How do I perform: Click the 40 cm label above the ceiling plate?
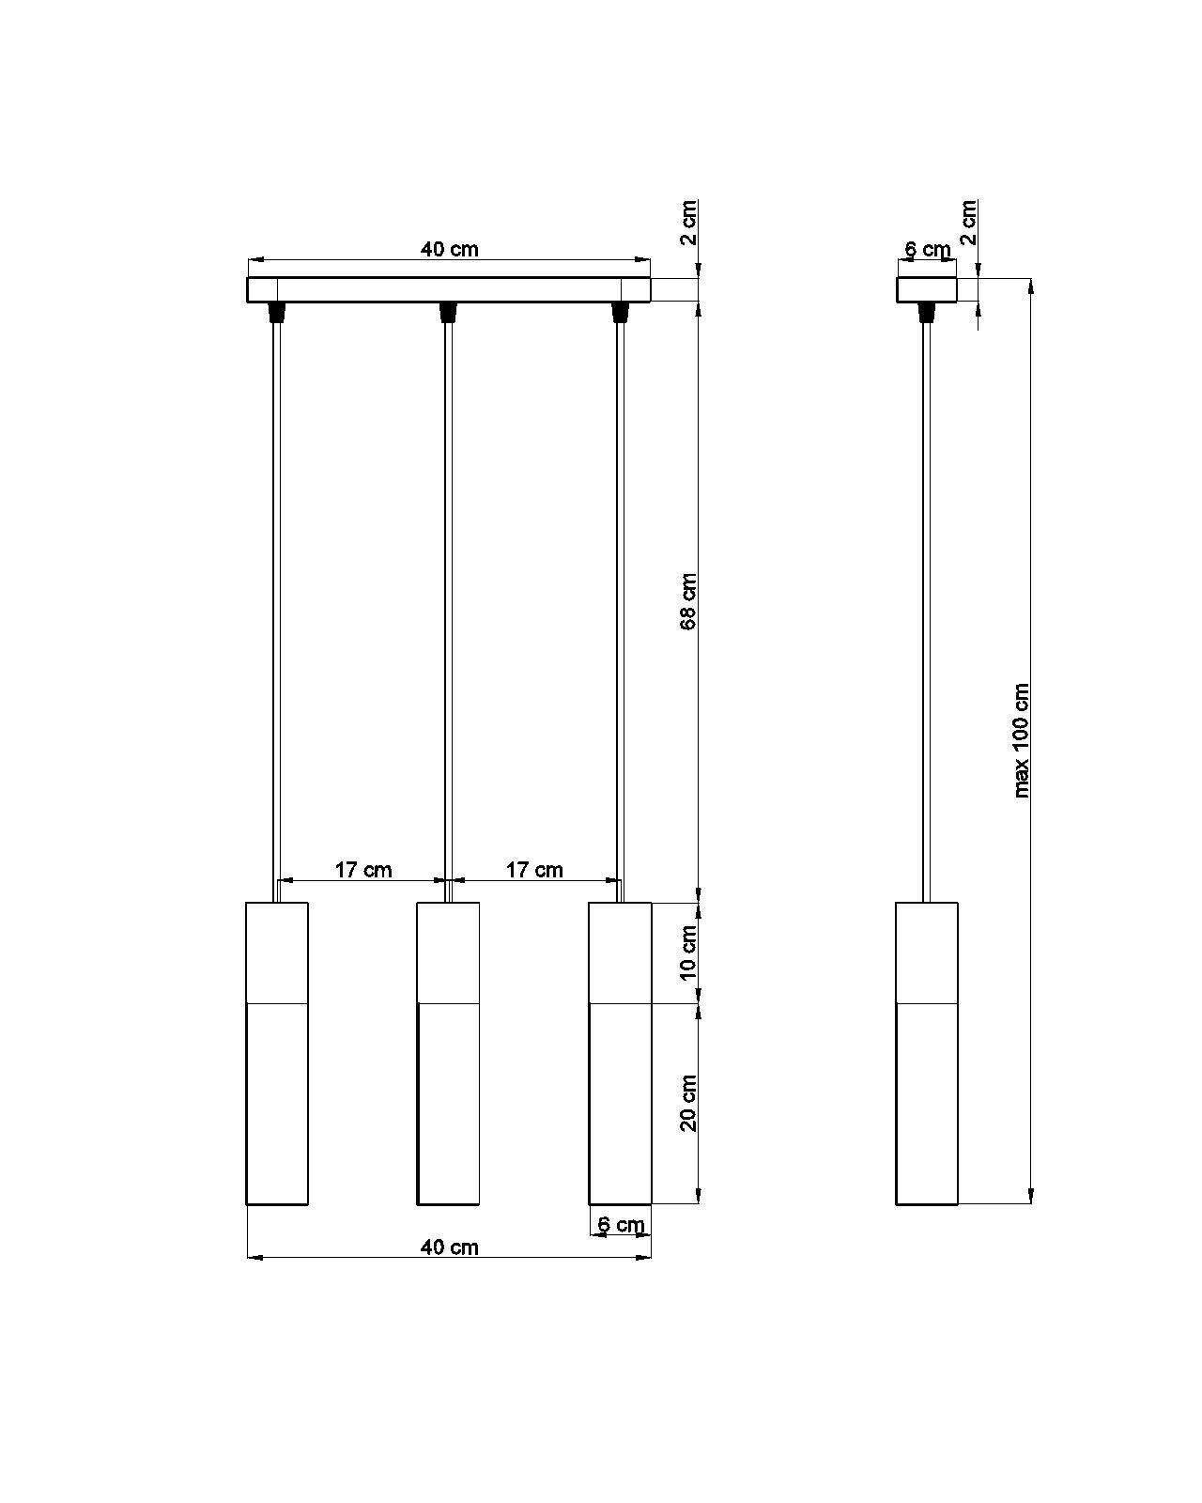(x=449, y=249)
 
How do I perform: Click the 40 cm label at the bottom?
(x=449, y=1247)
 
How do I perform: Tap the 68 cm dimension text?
(x=688, y=600)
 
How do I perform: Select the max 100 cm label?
(x=1022, y=740)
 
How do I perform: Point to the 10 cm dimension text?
(x=688, y=951)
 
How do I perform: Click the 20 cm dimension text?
(x=688, y=1102)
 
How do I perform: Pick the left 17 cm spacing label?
(x=363, y=869)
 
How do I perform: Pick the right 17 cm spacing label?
(x=534, y=869)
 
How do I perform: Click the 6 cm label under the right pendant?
(x=621, y=1224)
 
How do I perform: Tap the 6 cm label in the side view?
(x=927, y=250)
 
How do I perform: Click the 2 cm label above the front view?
(x=688, y=222)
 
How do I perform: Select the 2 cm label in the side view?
(x=968, y=222)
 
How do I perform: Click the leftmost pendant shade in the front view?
(x=277, y=1052)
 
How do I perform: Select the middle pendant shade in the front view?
(x=448, y=1052)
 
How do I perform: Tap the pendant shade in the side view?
(x=927, y=1052)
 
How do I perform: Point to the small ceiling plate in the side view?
(x=927, y=289)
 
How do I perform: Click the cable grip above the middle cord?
(x=448, y=311)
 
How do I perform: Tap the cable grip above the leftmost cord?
(x=277, y=311)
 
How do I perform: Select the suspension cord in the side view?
(x=927, y=611)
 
